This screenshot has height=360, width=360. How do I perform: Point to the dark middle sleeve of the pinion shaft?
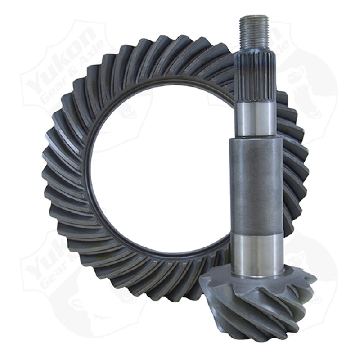point(256,184)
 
